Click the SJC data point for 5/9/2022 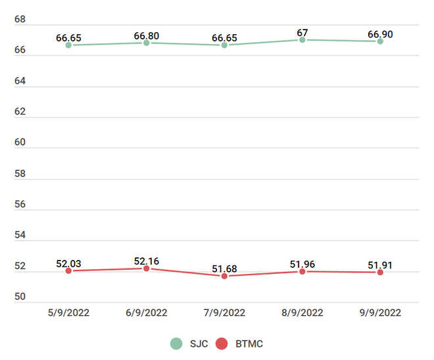(x=68, y=45)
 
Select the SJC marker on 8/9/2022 (x=302, y=39)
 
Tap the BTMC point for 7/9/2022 (x=224, y=276)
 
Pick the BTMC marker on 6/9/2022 (x=147, y=269)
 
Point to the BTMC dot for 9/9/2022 (x=380, y=272)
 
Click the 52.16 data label (x=147, y=261)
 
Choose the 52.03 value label (x=68, y=264)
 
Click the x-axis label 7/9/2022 (x=224, y=313)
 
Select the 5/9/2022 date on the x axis (x=68, y=313)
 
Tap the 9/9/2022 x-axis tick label (x=380, y=313)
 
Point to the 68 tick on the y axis (x=20, y=20)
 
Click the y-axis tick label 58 (x=20, y=174)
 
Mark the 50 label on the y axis (x=20, y=297)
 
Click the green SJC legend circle (x=176, y=344)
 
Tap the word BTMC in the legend (x=249, y=344)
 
